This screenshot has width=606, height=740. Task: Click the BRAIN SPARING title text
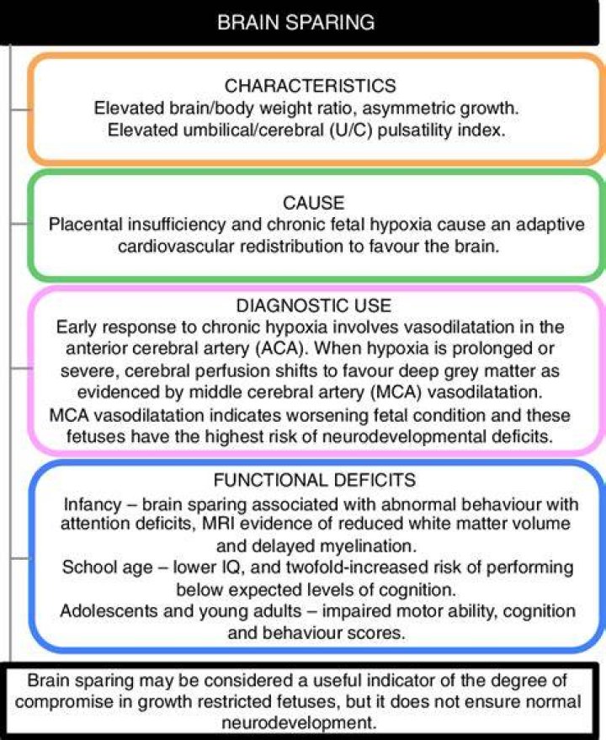click(296, 22)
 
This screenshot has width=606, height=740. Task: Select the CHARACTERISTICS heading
click(310, 86)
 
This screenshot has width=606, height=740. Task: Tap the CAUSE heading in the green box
click(313, 203)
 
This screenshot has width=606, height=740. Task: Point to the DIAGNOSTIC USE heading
click(313, 306)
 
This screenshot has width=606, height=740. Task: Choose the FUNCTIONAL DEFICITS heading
click(314, 480)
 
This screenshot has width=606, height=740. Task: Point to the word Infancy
click(93, 505)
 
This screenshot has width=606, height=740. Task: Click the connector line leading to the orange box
click(19, 109)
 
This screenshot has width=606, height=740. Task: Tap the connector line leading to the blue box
click(19, 558)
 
